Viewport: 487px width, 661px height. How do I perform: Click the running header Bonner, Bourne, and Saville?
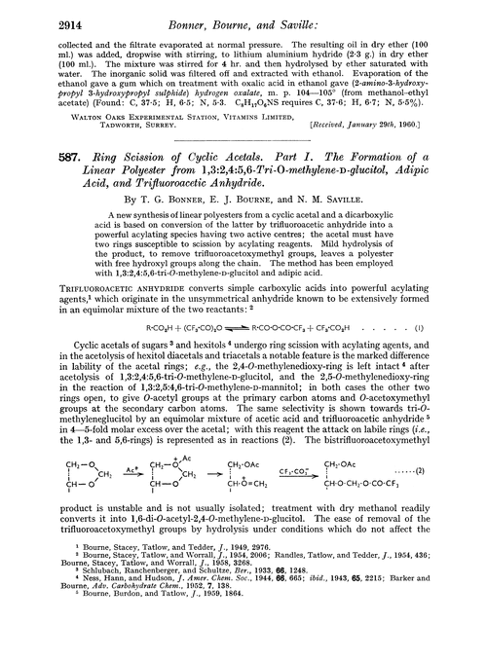pos(243,15)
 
